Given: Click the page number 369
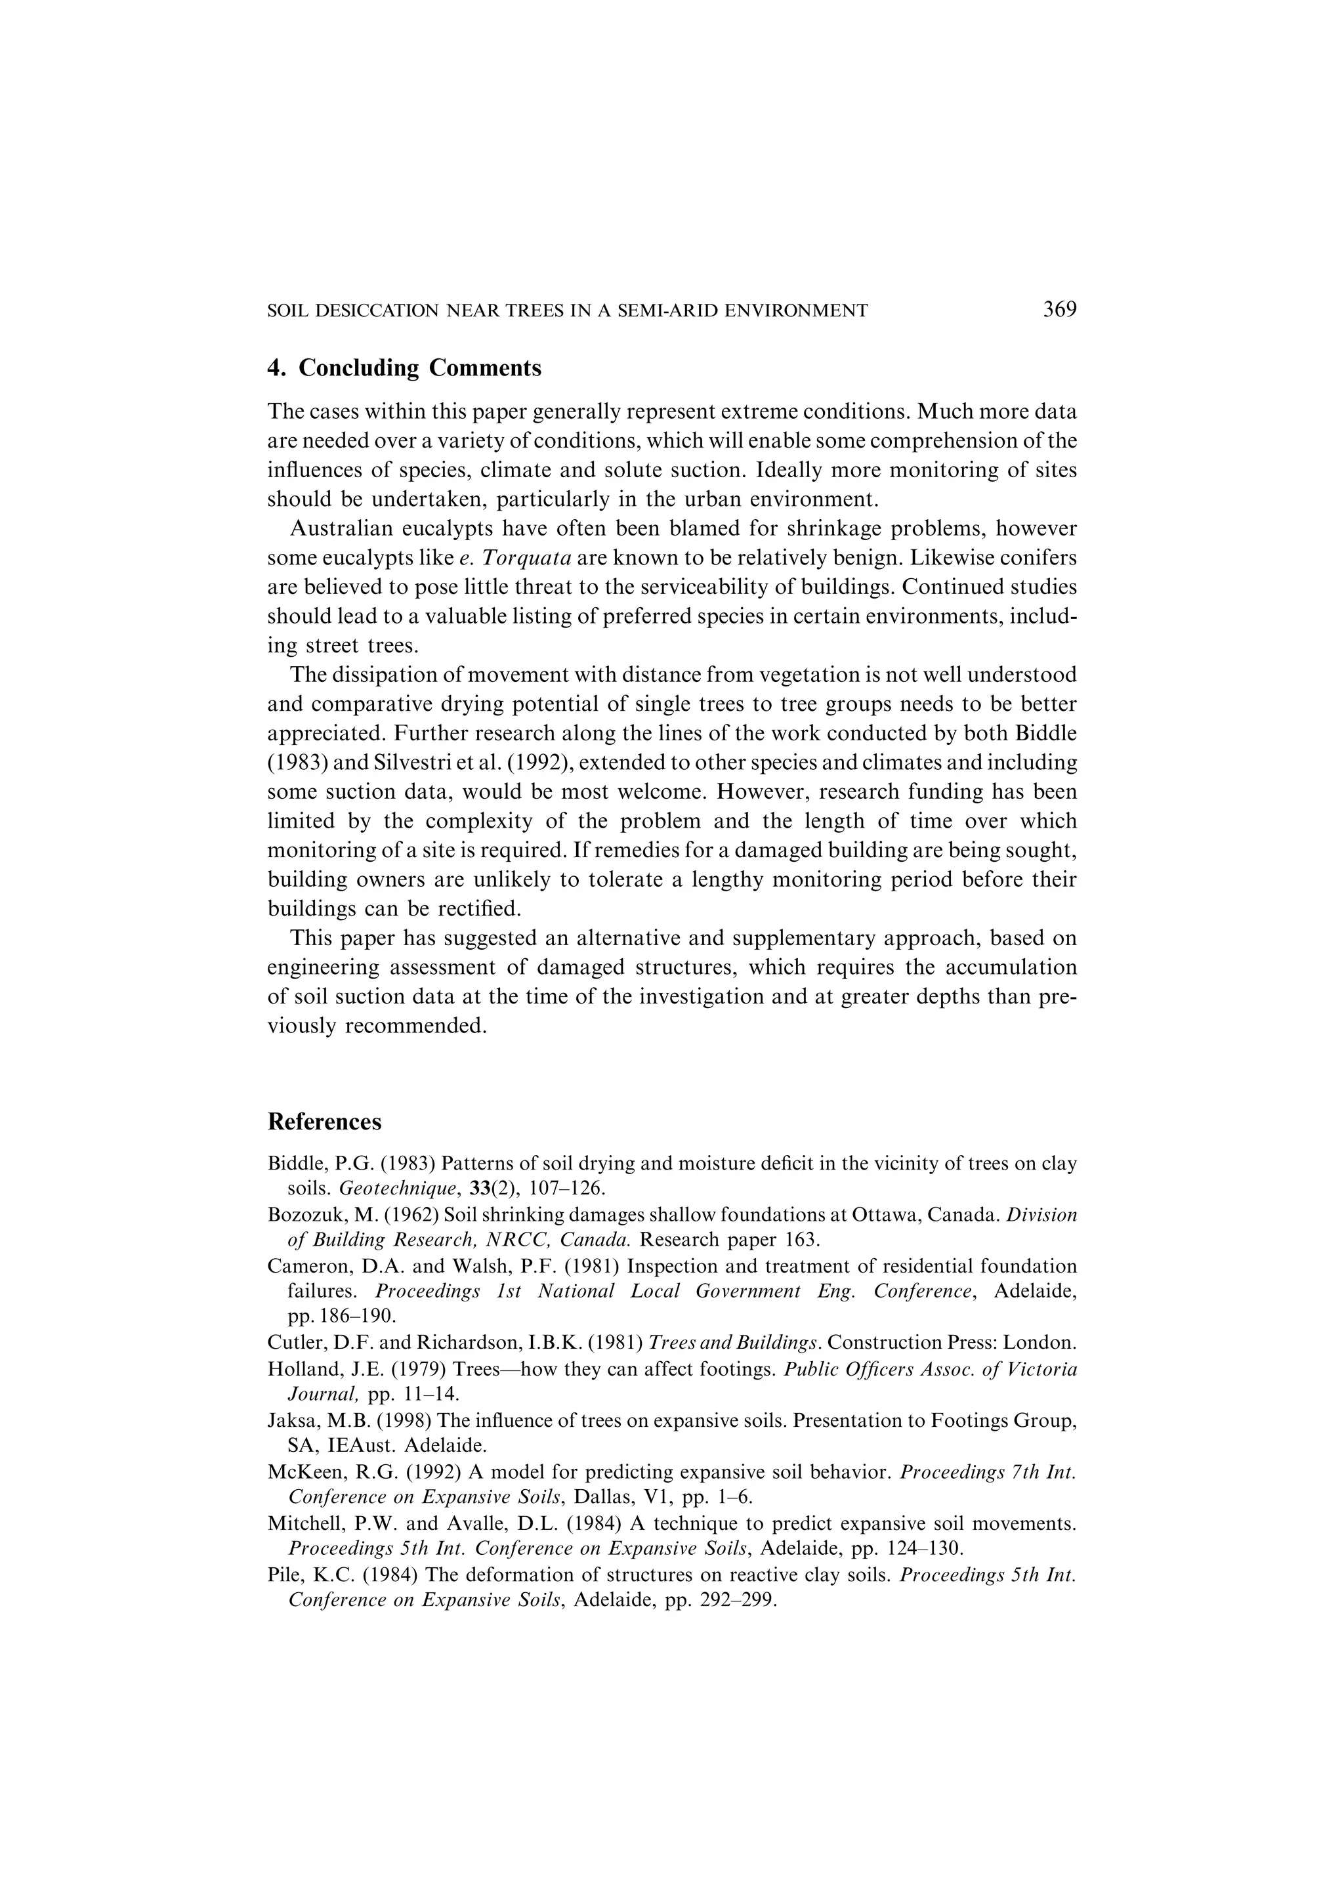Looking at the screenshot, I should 1059,310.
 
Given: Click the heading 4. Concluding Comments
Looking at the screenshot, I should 404,368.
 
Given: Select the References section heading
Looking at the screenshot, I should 325,1122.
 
